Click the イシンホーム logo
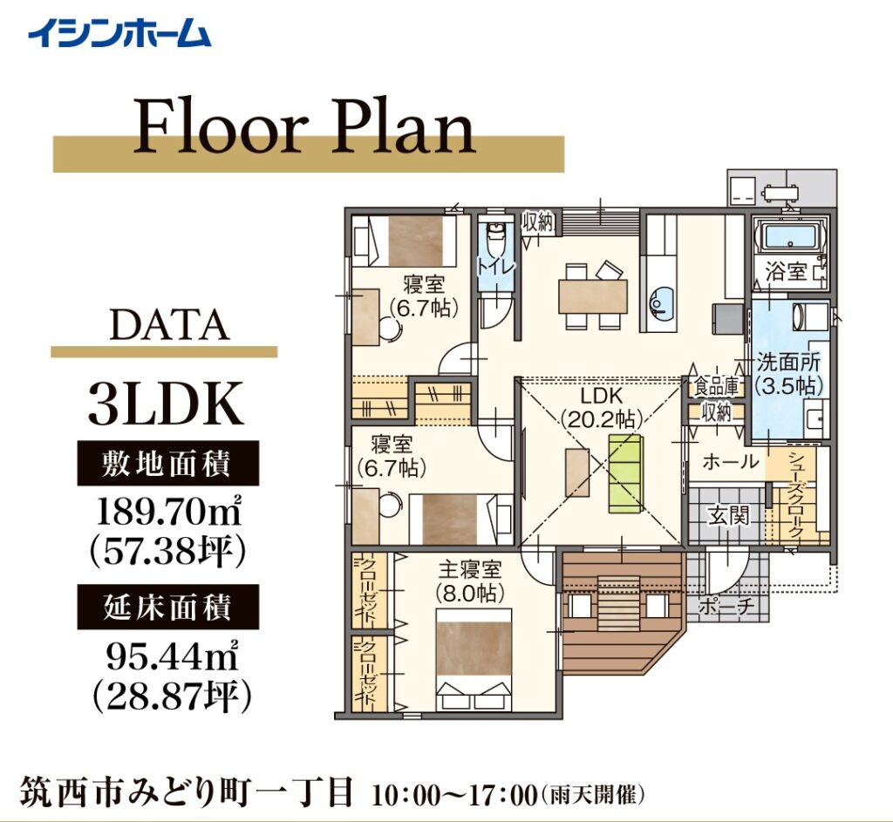tap(119, 33)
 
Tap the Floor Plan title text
tap(304, 126)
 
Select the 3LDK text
tap(166, 404)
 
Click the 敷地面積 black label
tap(168, 463)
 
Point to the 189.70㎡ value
tap(168, 511)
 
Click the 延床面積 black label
tap(168, 607)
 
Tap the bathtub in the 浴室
tap(789, 236)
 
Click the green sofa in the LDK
tap(626, 473)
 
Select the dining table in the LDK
tap(593, 296)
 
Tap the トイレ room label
tap(496, 266)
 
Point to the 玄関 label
tap(728, 516)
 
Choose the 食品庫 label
tap(716, 387)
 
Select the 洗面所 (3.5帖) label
tap(788, 374)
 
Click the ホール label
tap(731, 462)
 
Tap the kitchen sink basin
tap(661, 302)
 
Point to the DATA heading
tap(169, 326)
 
